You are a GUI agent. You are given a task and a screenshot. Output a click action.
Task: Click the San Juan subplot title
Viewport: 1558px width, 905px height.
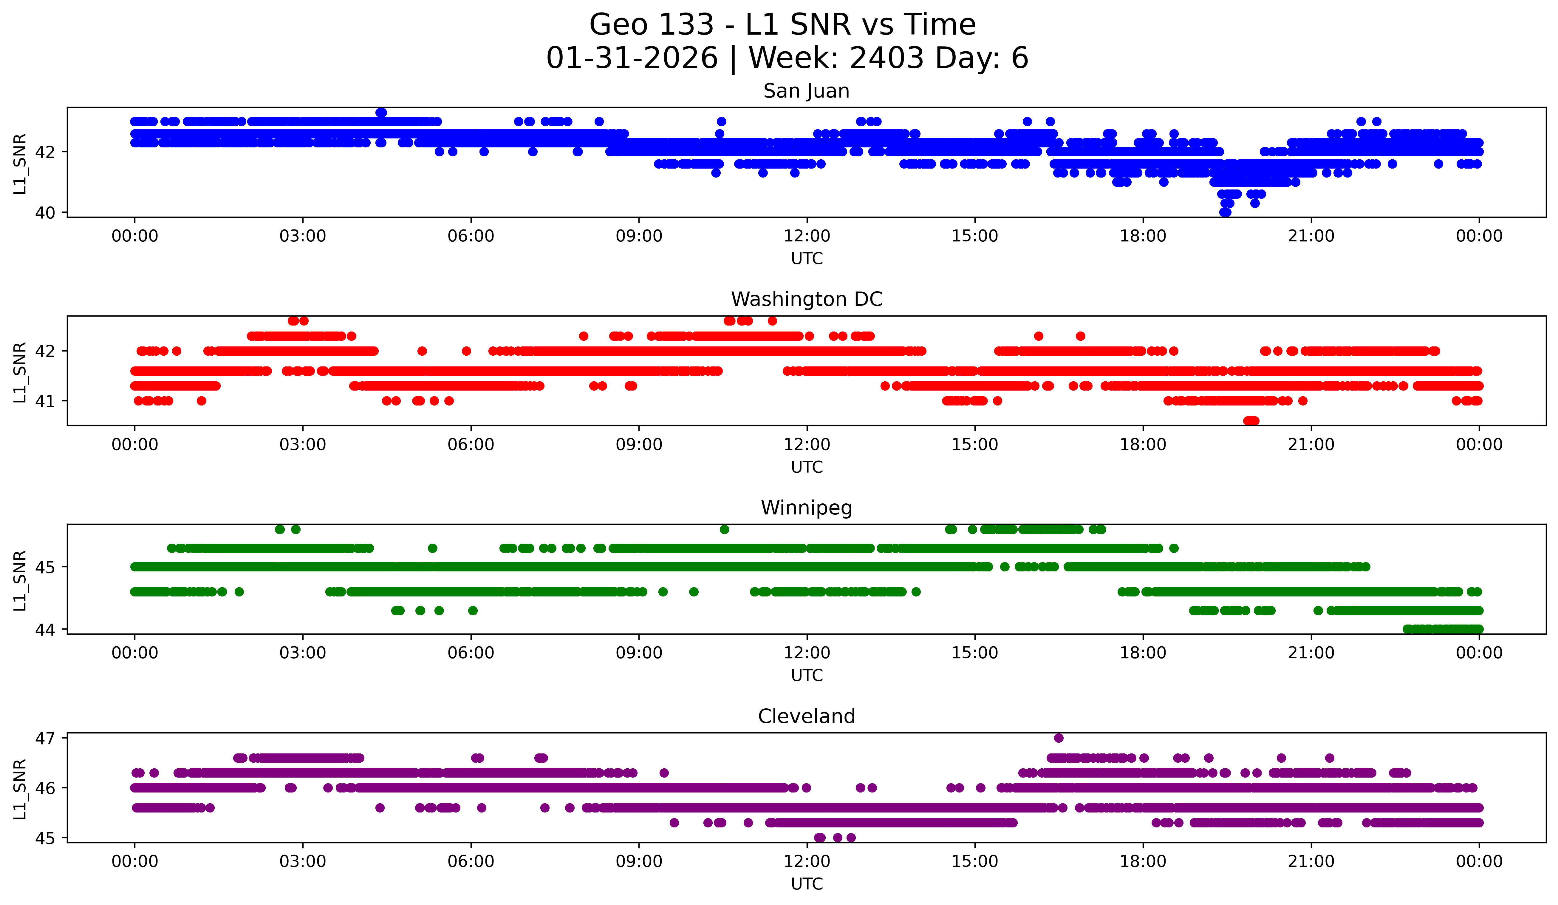click(806, 91)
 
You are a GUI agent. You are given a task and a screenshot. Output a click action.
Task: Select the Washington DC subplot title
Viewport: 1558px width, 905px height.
click(806, 299)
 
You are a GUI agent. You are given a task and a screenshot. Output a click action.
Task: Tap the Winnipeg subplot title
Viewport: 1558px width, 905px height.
click(806, 508)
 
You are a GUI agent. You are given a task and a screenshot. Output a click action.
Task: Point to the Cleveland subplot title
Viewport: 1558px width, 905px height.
click(806, 716)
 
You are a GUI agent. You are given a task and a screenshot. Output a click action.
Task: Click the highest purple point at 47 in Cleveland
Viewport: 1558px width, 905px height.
click(1059, 738)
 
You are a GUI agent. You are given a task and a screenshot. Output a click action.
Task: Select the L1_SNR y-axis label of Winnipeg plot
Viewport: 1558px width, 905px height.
click(20, 580)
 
